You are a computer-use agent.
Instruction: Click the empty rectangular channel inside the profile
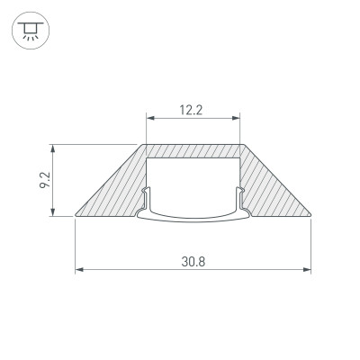[x=193, y=180]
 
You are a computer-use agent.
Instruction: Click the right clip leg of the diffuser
[x=238, y=199]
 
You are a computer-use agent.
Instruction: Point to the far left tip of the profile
[x=76, y=216]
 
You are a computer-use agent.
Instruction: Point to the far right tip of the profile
[x=310, y=216]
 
